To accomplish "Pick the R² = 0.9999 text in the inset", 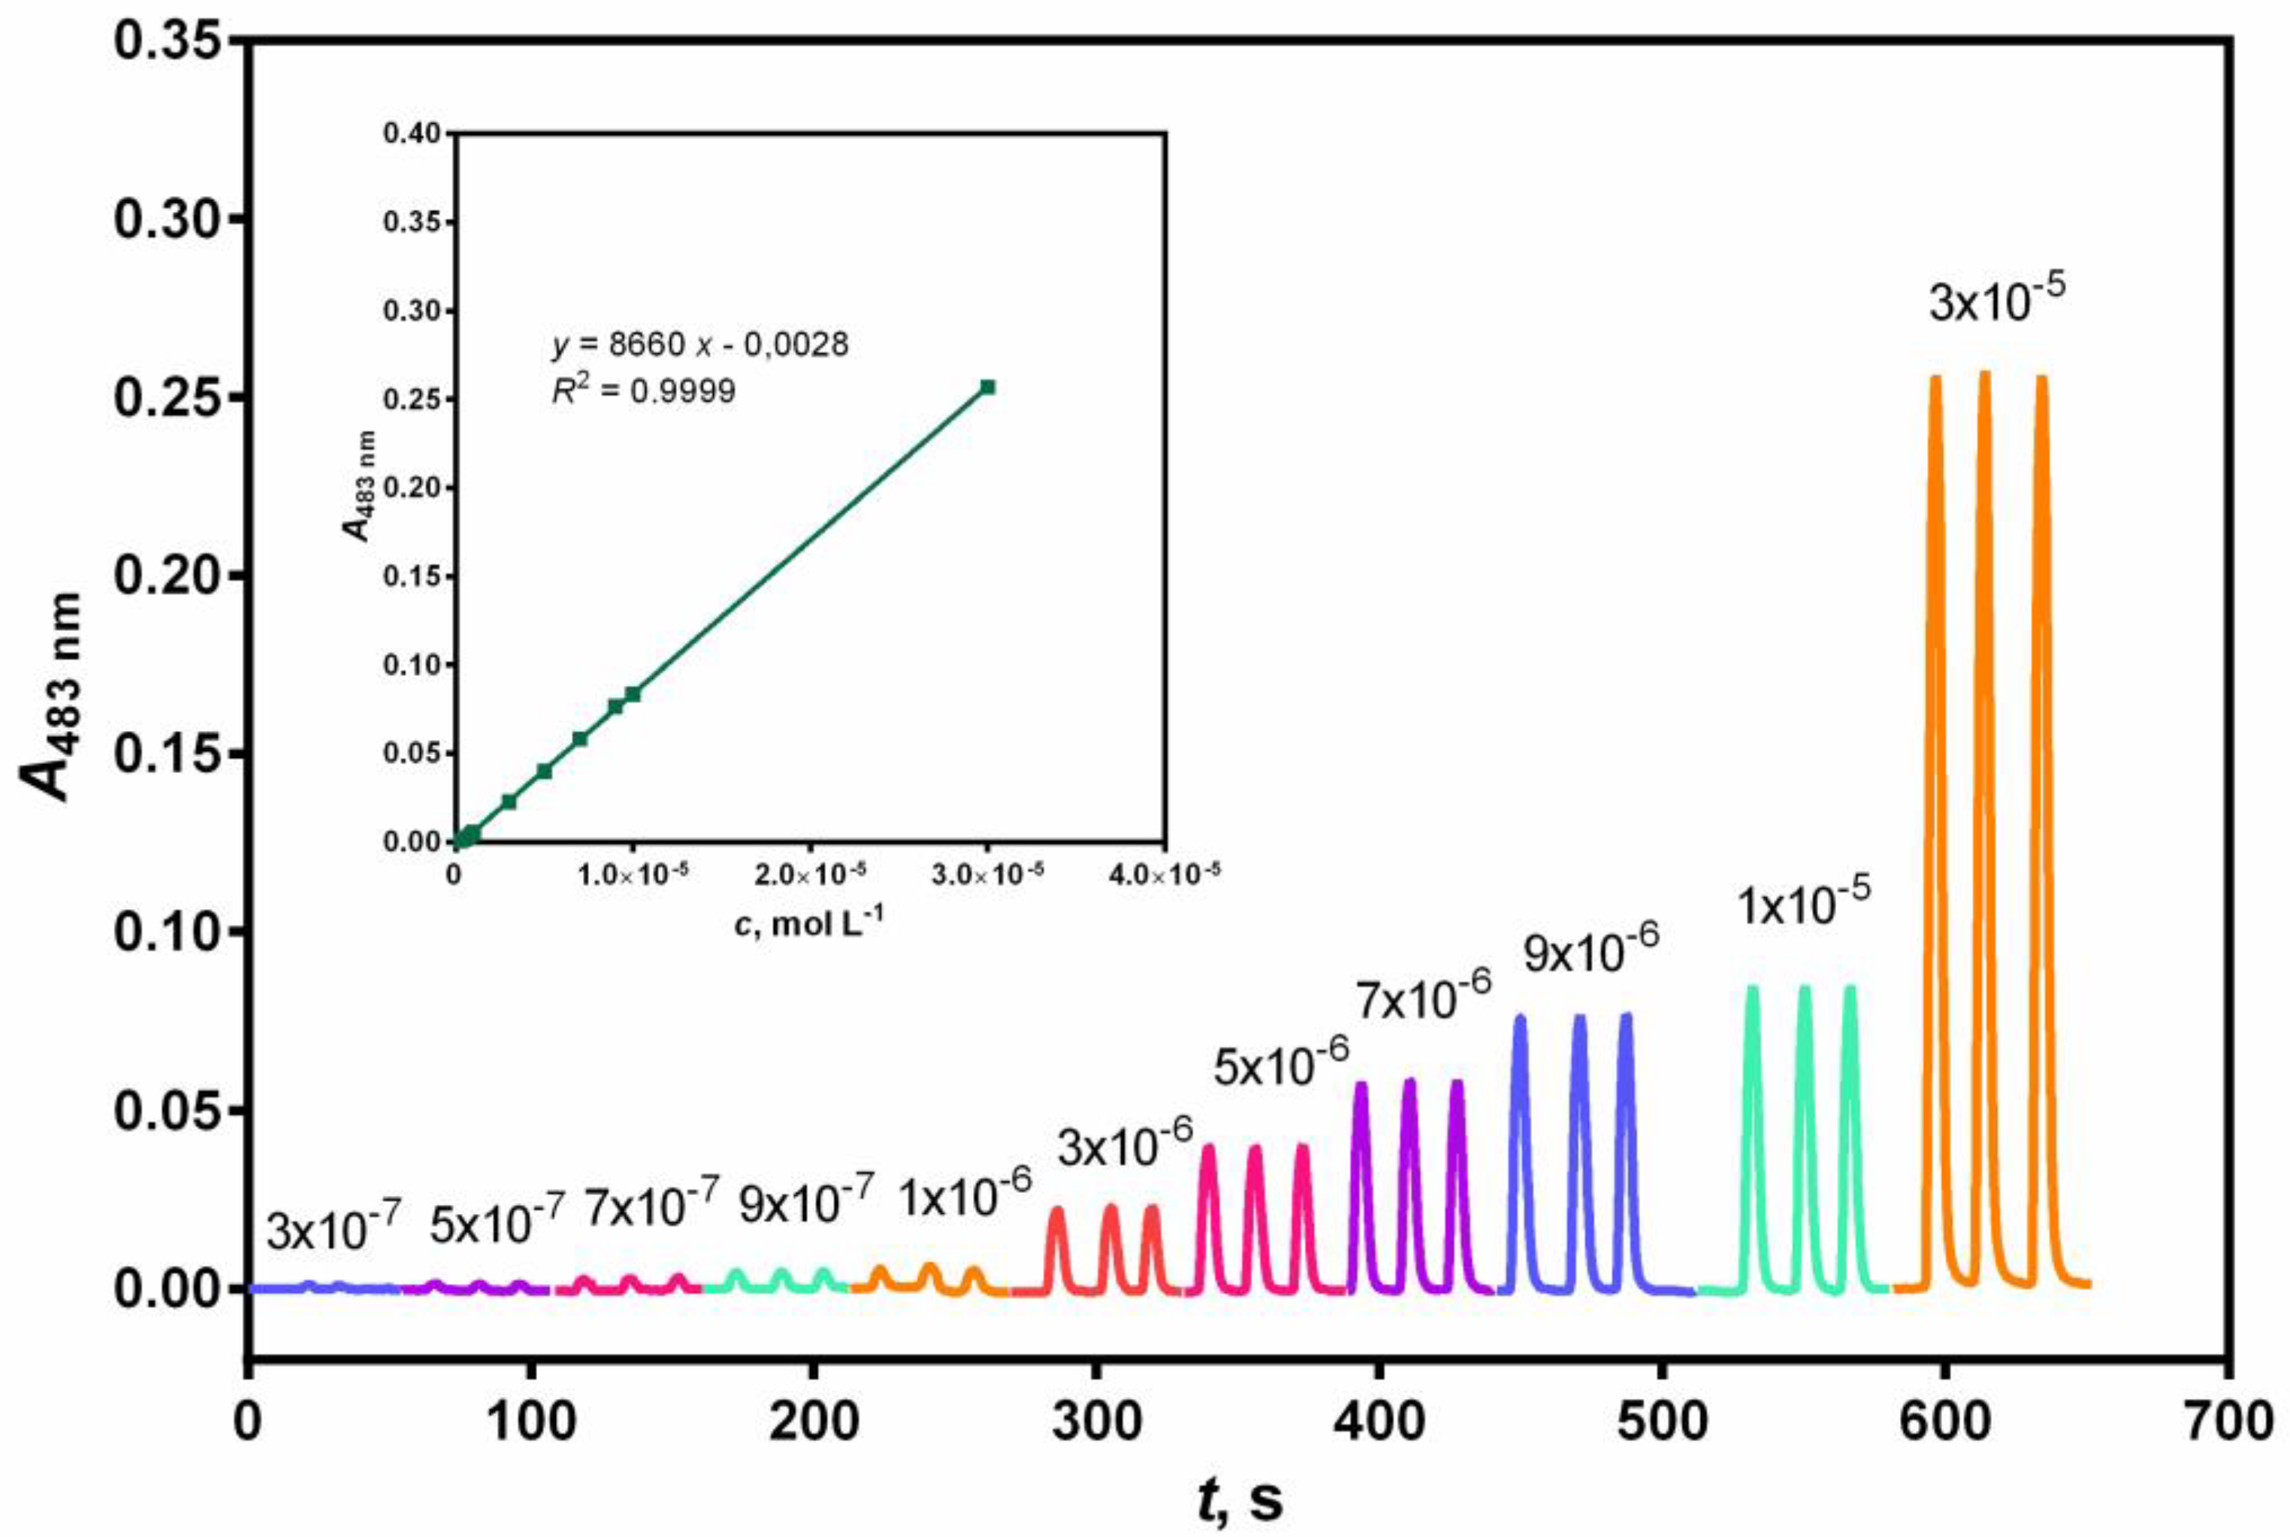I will coord(643,391).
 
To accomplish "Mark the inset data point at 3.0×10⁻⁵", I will coord(987,387).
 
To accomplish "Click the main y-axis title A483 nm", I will coord(51,696).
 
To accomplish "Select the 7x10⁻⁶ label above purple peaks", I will coord(1424,998).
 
